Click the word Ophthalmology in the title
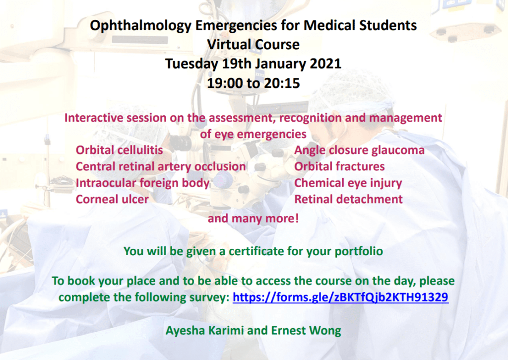point(141,26)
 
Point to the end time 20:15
point(282,83)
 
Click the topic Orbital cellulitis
point(119,150)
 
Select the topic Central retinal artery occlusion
point(161,167)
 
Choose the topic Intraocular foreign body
point(142,183)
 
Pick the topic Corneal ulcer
point(112,199)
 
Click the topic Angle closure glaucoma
point(359,150)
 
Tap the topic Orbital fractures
point(339,167)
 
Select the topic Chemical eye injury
point(348,183)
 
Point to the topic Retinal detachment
point(348,199)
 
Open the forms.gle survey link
point(340,297)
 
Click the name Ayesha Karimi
point(204,331)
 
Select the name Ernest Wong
point(306,331)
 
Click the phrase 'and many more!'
point(253,218)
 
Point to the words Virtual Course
point(254,45)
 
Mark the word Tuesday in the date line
point(191,64)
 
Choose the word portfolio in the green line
point(359,252)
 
